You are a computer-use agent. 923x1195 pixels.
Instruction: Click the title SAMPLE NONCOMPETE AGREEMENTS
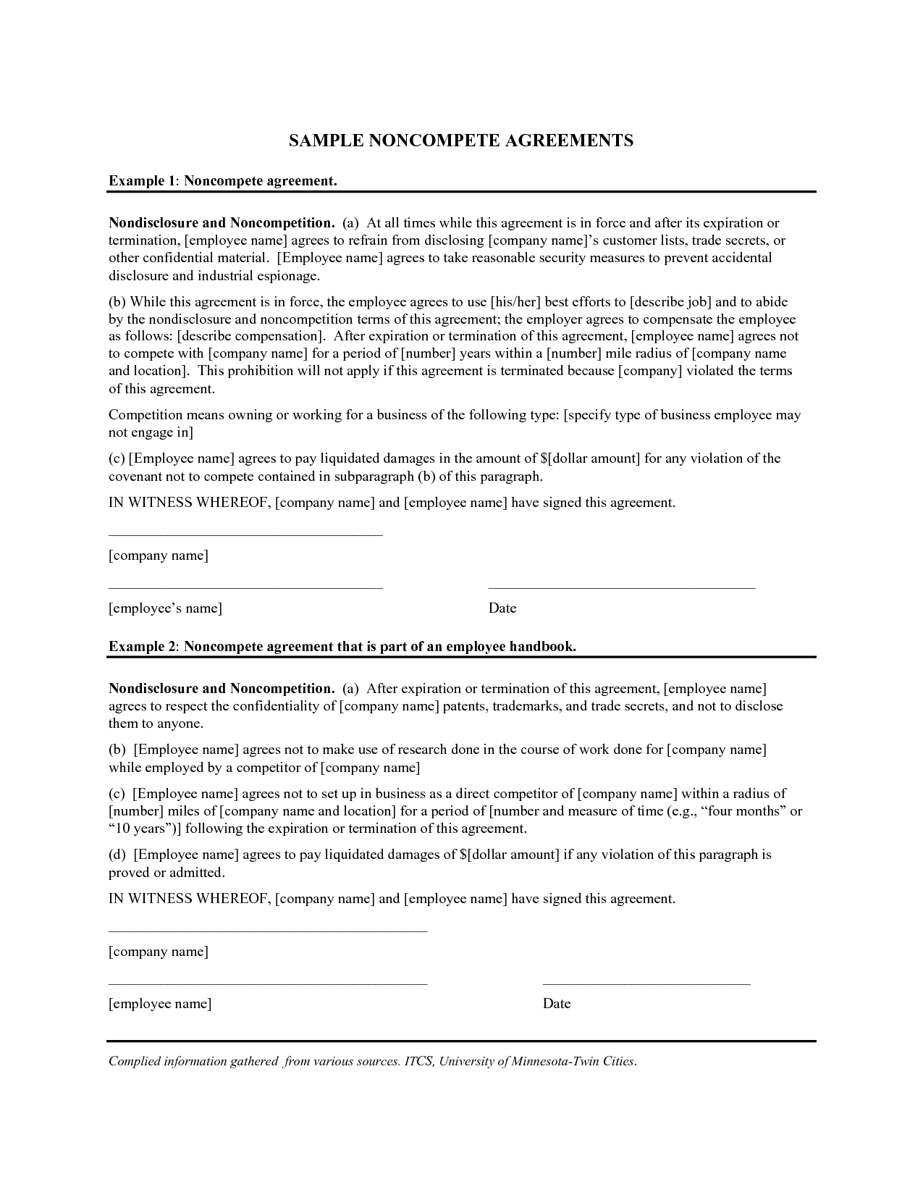click(x=461, y=141)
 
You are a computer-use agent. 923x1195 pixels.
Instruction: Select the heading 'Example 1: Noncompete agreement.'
click(x=223, y=180)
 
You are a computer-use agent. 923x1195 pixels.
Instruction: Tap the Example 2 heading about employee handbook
click(x=342, y=646)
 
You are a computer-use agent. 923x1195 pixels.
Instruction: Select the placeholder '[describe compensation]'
click(x=251, y=336)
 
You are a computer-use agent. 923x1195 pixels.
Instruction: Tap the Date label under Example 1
click(x=502, y=608)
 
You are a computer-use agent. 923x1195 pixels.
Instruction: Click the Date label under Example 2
click(x=557, y=1004)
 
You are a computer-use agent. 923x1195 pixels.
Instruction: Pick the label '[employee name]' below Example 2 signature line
click(x=160, y=1004)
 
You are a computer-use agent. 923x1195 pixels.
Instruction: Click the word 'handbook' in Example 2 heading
click(x=543, y=646)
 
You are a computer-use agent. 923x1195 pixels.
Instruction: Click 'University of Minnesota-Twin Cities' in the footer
click(x=538, y=1062)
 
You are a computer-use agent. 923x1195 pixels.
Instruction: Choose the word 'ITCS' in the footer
click(x=418, y=1062)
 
